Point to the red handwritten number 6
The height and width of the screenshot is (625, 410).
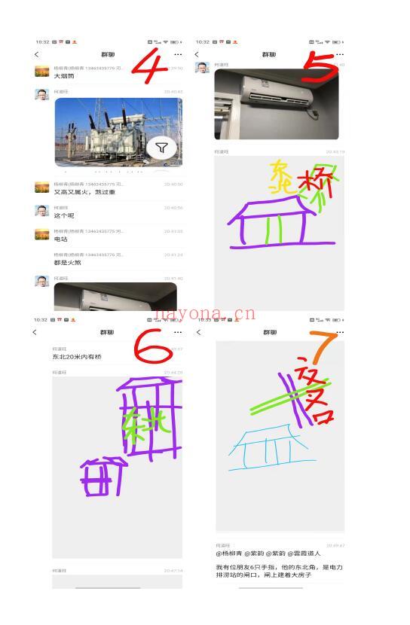point(154,348)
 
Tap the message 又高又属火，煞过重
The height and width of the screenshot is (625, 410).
point(84,192)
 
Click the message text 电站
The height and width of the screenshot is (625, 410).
point(60,239)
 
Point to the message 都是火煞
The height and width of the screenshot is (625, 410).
point(67,263)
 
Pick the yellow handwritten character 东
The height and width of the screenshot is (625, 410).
point(282,175)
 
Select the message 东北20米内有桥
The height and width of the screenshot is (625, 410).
point(76,357)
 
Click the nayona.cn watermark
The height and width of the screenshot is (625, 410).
point(205,314)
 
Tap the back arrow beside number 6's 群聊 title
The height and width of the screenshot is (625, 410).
point(35,332)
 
